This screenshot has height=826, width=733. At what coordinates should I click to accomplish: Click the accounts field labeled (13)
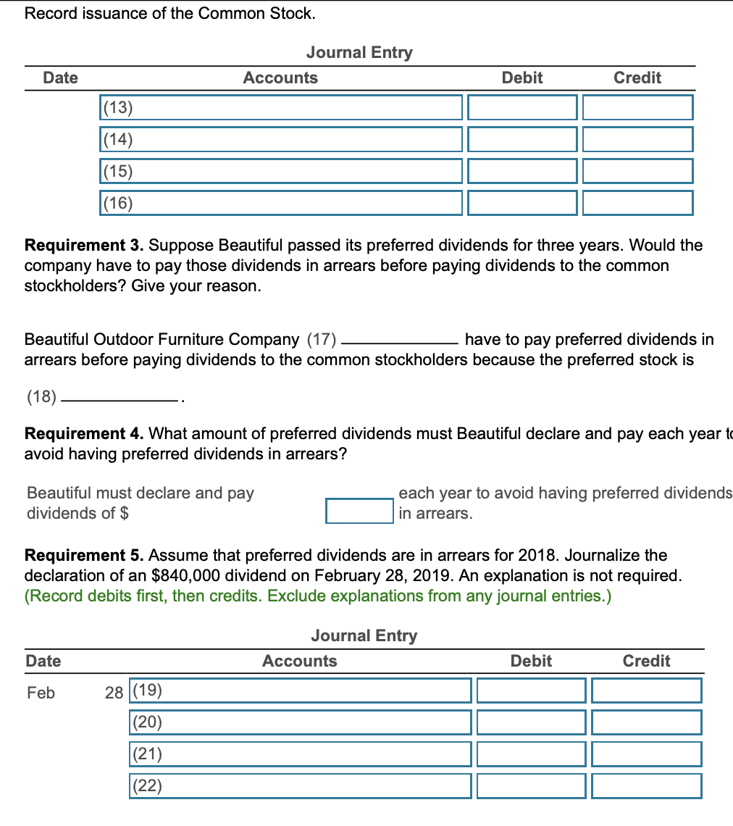[x=280, y=108]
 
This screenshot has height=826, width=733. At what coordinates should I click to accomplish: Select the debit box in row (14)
[x=522, y=140]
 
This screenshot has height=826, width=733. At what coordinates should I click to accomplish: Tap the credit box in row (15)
[x=637, y=172]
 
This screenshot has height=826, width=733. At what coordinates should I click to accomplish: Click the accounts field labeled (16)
[x=280, y=204]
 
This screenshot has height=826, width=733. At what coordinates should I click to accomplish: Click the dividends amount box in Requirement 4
[x=359, y=510]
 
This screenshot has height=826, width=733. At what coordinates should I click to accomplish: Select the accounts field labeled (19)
[x=300, y=691]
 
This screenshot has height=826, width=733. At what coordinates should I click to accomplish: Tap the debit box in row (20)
[x=531, y=723]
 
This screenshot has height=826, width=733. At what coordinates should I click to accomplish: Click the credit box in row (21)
[x=646, y=754]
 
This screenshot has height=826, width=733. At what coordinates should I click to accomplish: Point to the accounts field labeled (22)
[x=300, y=786]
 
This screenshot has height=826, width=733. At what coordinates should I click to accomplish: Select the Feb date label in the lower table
[x=41, y=693]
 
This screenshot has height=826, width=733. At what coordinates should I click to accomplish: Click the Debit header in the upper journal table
[x=522, y=78]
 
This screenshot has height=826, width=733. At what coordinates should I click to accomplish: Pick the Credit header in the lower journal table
[x=646, y=661]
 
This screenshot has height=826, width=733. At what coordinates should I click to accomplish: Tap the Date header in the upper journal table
[x=60, y=78]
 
